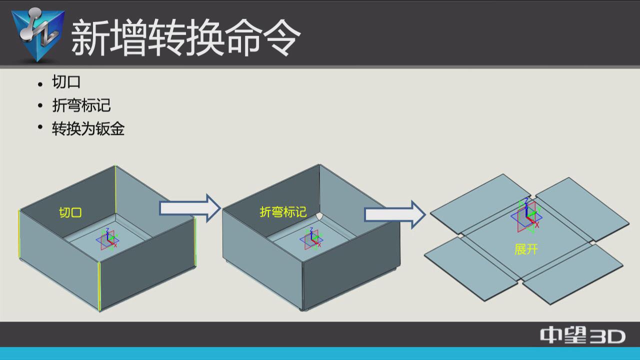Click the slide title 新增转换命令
(185, 37)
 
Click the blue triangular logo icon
(38, 34)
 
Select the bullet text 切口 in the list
(66, 82)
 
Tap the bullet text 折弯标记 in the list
(81, 105)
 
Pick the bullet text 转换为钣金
(88, 129)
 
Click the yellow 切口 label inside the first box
(70, 212)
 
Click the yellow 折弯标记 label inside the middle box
(283, 212)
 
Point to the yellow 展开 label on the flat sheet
(526, 249)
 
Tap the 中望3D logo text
(582, 335)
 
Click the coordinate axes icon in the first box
(108, 239)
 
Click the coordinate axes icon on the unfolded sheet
(526, 215)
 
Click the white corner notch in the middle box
(319, 216)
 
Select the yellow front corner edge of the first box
(99, 285)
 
